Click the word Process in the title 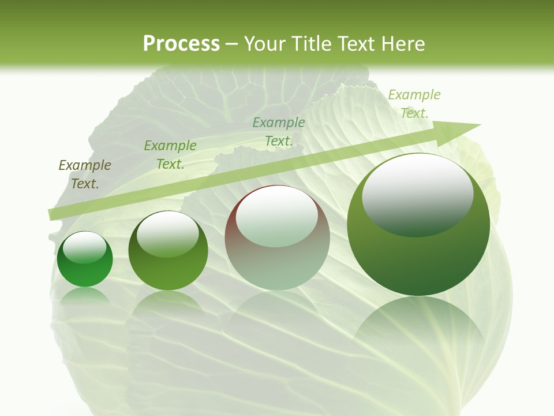point(181,44)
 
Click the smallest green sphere point(85,259)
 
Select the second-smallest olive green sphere point(168,251)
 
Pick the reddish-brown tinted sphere point(277,237)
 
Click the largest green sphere point(418,225)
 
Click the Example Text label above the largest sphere point(414,104)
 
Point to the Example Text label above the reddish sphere point(279,131)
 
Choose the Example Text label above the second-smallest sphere point(170,155)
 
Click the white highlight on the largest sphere point(417,194)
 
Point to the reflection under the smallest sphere point(85,296)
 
